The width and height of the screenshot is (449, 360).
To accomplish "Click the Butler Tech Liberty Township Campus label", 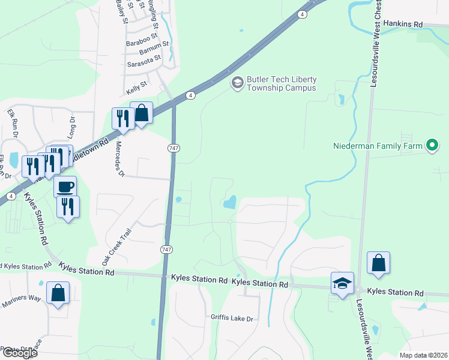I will coord(281,83).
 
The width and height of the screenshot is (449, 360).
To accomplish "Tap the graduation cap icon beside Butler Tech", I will coord(237,83).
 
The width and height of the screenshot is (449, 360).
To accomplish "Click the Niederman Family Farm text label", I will coord(378,145).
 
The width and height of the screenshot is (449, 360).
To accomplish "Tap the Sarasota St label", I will coord(144,61).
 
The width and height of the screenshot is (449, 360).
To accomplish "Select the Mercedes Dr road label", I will coord(119,159).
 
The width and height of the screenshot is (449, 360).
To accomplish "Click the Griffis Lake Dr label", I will coord(232,317).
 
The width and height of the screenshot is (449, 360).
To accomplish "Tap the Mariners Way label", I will coord(21,300).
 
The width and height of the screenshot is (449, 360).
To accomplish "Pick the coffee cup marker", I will coord(65,186).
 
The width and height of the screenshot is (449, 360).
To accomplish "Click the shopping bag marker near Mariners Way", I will coord(58,293).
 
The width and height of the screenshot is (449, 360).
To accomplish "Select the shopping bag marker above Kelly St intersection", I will coord(141,113).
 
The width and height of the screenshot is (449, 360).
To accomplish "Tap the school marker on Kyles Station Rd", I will coord(342,284).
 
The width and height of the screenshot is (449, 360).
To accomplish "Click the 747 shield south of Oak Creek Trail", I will coord(166,248).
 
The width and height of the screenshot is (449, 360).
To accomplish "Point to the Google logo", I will coord(20,353).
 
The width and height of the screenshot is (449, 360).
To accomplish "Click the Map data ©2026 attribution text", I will coord(424,355).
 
